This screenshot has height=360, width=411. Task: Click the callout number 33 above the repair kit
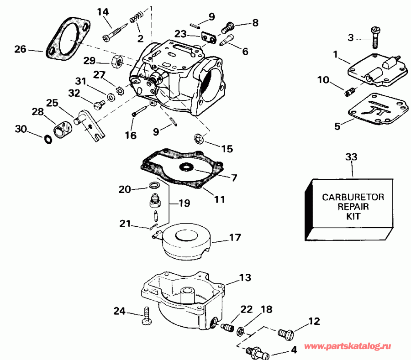tap(352, 157)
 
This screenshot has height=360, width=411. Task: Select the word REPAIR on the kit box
tap(353, 207)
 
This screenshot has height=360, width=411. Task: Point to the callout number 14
tap(103, 11)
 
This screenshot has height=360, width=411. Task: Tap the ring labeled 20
tap(154, 185)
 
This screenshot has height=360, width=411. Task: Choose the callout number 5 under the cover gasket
tap(337, 126)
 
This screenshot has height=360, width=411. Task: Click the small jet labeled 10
tap(348, 93)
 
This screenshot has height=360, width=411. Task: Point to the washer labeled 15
tap(199, 138)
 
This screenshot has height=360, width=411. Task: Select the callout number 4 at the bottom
tap(293, 352)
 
